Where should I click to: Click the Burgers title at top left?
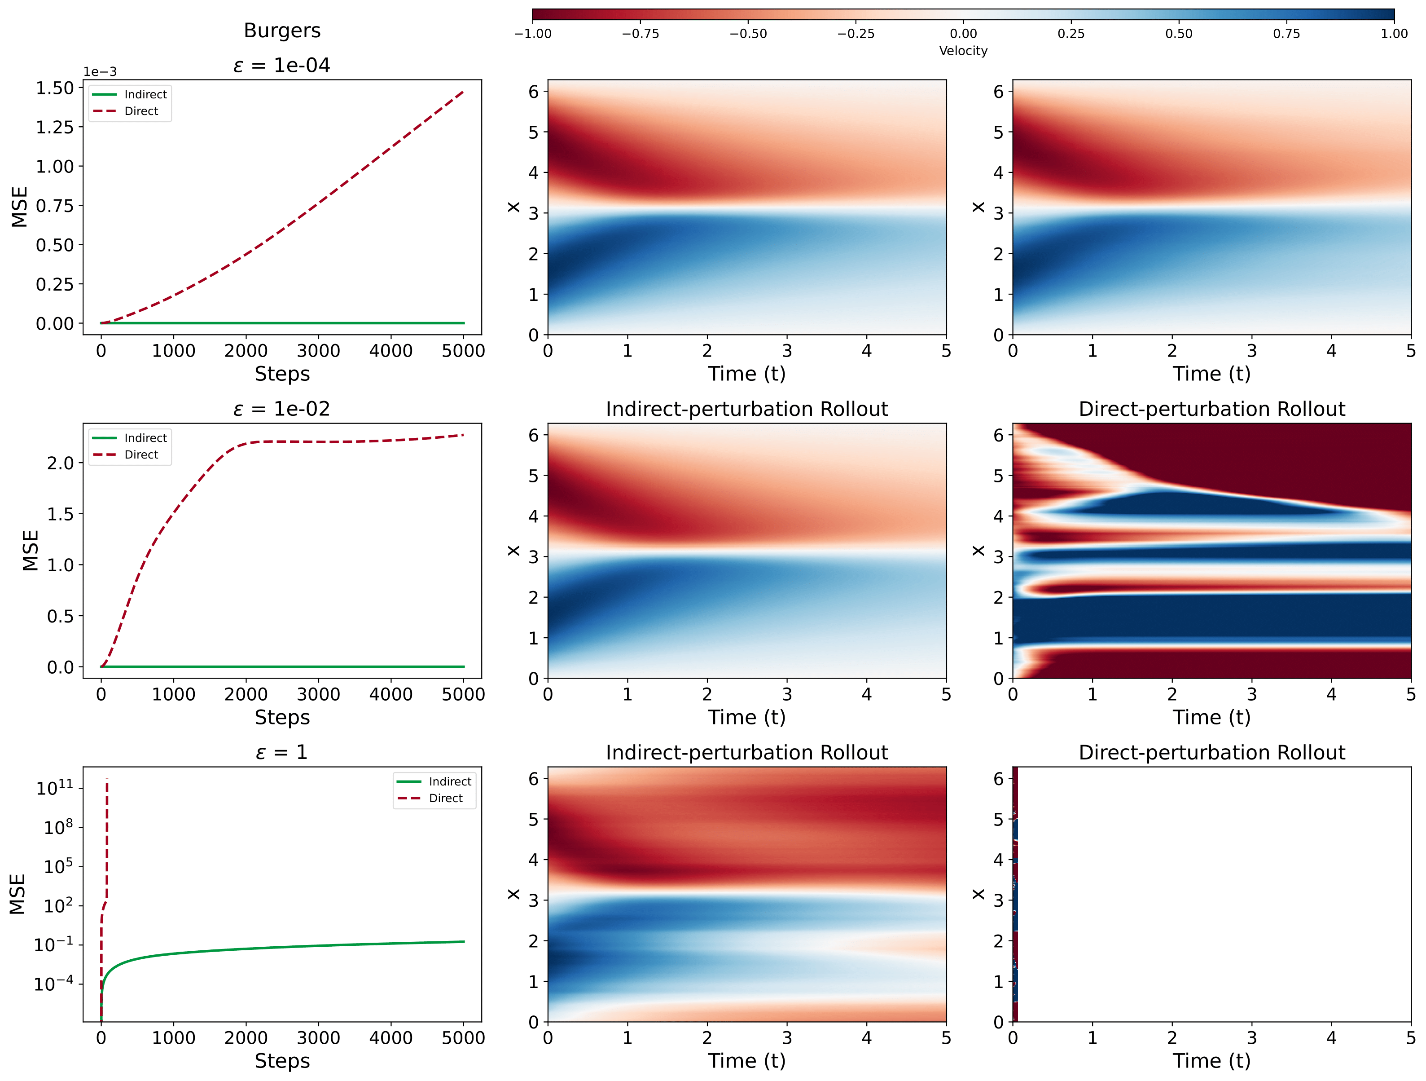[282, 30]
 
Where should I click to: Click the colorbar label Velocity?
[962, 51]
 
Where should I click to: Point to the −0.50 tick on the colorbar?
[748, 34]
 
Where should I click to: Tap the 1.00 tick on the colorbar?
[1394, 34]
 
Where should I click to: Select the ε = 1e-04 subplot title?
[282, 65]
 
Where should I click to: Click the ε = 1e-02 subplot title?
[282, 409]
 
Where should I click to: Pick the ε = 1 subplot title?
[282, 752]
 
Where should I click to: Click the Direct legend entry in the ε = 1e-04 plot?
[140, 111]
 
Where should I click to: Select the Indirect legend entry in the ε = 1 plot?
[449, 781]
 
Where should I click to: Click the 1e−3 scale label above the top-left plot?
[100, 71]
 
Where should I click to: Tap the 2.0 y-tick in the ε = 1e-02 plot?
[61, 463]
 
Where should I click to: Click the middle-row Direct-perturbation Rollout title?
[1211, 409]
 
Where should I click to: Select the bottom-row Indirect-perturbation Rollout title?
[746, 752]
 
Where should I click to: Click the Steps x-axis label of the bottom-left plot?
[282, 1060]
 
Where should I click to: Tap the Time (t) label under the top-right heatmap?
[1211, 374]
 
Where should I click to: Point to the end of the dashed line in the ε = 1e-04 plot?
[463, 92]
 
